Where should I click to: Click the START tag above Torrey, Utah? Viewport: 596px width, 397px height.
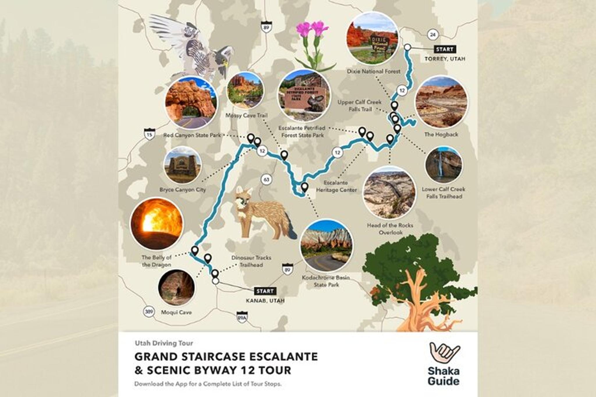coord(444,49)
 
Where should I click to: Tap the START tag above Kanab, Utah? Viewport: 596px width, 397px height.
coord(265,291)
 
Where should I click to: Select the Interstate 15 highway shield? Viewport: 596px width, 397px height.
coord(149,134)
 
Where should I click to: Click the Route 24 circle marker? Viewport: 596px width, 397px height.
coord(433,35)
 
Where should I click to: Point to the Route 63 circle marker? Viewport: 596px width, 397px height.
coord(266,179)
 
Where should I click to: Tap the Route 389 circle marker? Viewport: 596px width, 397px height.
coord(149,312)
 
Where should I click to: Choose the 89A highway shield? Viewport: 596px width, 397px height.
coord(242,318)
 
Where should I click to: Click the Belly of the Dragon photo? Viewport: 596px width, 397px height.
coord(157,224)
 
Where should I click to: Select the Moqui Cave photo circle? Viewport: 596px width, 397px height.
coord(176,287)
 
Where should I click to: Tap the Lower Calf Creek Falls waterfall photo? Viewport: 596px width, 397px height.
coord(443,165)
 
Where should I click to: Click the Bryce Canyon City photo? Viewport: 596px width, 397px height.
coord(182,165)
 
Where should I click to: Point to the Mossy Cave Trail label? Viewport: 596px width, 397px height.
coord(246,115)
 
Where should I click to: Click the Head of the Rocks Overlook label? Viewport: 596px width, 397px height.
coord(390,229)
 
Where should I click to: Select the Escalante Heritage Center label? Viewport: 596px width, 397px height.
coord(336,186)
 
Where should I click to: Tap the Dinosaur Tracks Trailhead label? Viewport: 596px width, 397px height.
coord(251,261)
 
